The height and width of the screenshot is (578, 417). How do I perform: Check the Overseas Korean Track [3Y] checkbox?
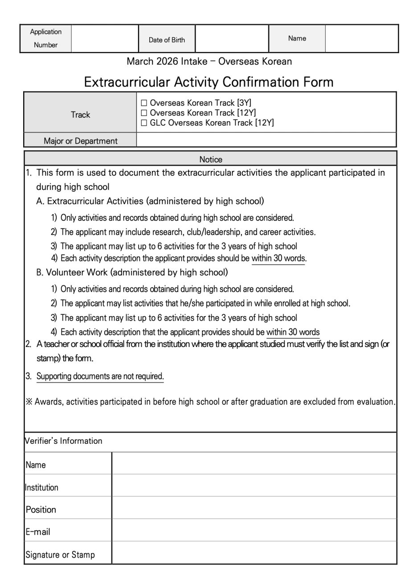(144, 103)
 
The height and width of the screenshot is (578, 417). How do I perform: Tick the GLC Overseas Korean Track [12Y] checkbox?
(144, 123)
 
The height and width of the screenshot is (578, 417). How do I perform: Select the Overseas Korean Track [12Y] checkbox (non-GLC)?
(144, 113)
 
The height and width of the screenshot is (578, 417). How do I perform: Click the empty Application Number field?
(105, 39)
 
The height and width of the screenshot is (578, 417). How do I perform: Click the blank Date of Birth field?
(232, 39)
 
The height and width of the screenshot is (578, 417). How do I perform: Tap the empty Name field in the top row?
(361, 39)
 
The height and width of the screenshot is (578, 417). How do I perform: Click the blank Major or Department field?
(266, 140)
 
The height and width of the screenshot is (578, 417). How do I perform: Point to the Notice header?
(210, 159)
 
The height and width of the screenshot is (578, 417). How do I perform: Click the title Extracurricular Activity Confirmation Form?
(208, 83)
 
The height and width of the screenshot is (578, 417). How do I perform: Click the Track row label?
(80, 115)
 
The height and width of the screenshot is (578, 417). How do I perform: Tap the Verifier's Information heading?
(64, 441)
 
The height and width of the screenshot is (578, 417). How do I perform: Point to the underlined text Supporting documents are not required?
(100, 376)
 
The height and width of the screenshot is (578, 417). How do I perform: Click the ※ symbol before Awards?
(29, 402)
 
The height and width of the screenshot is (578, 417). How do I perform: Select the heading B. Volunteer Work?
(132, 272)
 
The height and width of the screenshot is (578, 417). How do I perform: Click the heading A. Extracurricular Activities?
(150, 201)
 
